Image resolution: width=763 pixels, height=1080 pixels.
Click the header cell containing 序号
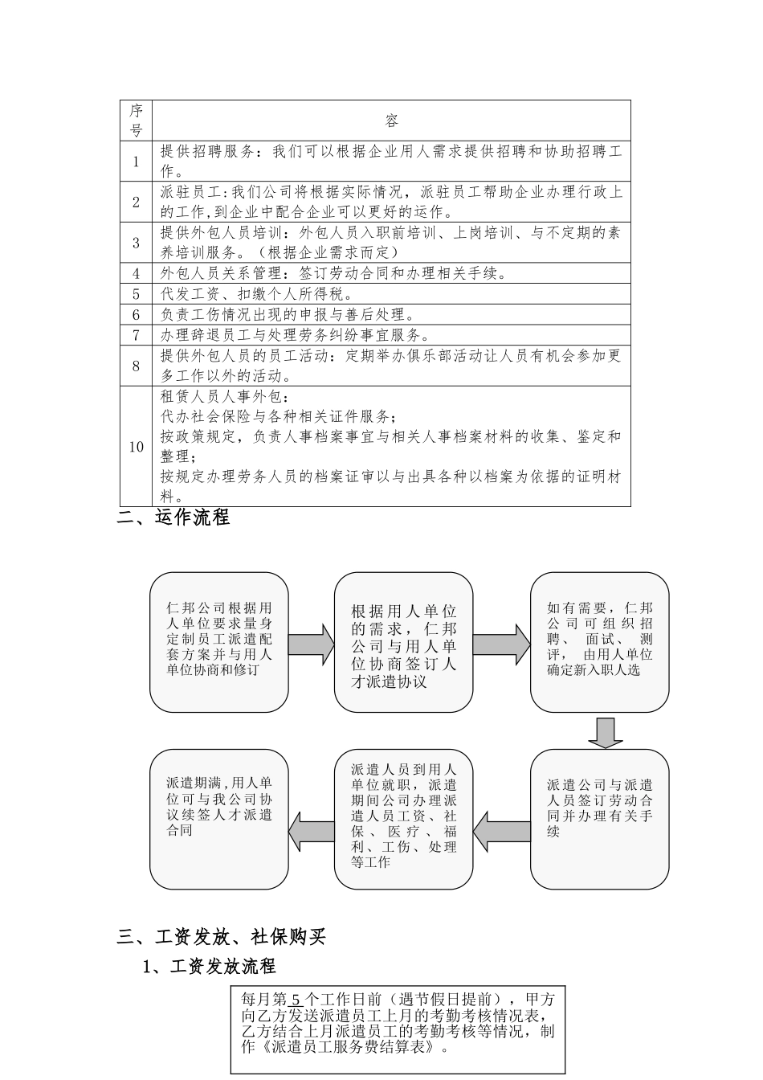click(x=136, y=121)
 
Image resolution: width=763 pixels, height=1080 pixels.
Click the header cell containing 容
click(x=391, y=121)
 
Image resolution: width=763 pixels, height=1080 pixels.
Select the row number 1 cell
click(x=136, y=161)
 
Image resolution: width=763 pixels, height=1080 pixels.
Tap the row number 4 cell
click(x=136, y=273)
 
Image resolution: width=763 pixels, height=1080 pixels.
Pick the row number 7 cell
click(x=136, y=335)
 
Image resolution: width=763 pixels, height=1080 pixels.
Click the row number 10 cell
click(x=136, y=447)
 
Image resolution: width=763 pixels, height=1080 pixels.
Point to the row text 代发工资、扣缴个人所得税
click(x=257, y=294)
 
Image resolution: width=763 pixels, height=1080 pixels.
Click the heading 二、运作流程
click(x=173, y=517)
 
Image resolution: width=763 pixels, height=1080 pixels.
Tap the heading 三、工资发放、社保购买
click(x=222, y=936)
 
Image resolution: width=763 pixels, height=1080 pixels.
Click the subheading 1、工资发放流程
click(x=209, y=966)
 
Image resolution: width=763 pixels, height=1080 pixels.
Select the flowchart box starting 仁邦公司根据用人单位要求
click(x=219, y=641)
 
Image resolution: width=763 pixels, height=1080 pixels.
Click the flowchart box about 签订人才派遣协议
click(x=403, y=641)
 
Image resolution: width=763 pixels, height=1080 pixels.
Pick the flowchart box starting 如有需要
click(x=599, y=641)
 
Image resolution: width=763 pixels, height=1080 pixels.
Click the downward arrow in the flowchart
click(x=605, y=732)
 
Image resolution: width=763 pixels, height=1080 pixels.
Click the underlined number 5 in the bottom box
click(x=296, y=1000)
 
